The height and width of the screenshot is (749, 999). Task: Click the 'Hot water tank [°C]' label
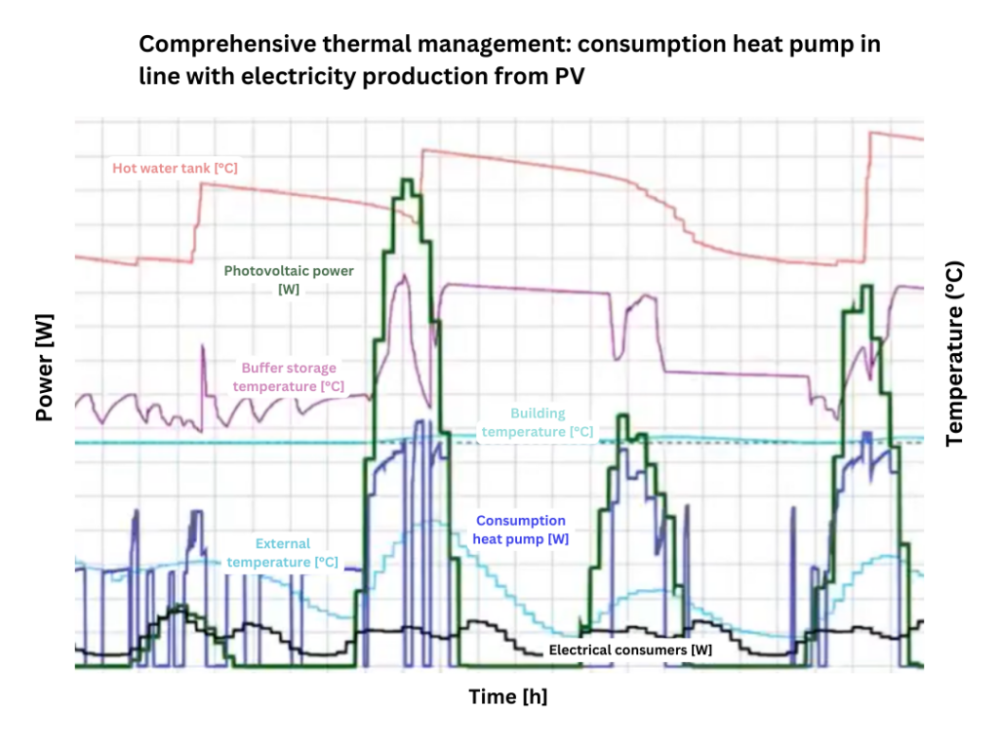coord(175,168)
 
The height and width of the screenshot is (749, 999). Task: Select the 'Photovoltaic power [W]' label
coord(289,280)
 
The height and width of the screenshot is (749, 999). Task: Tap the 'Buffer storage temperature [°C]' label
coord(288,377)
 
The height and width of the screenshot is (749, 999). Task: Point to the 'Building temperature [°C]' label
coord(537,422)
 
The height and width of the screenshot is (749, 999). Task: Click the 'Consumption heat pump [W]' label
coord(521,530)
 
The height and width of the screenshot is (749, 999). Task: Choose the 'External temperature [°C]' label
coord(282,553)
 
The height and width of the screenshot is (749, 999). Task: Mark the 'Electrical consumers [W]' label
coord(630,649)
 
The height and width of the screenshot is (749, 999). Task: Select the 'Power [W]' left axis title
coord(44,367)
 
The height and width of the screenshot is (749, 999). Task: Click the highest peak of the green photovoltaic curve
coord(407,181)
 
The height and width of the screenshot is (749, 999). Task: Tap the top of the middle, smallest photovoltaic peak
coord(623,417)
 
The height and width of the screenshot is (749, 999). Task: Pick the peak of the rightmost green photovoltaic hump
coord(866,287)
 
